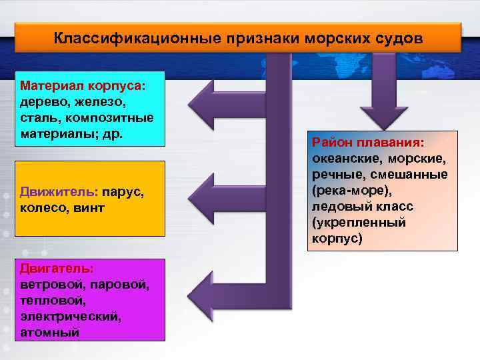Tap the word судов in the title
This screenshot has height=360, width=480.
396,37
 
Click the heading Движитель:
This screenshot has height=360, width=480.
59,191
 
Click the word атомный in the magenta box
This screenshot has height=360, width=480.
50,331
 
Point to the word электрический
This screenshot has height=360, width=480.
71,316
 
